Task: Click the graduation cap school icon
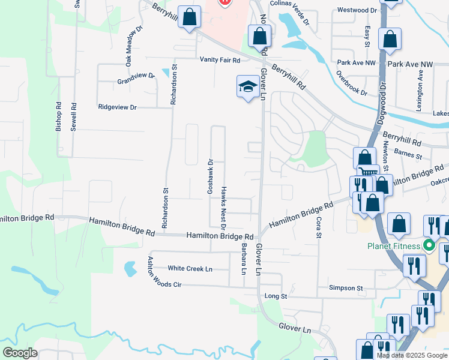[x=247, y=88]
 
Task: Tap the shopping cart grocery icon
[x=368, y=172]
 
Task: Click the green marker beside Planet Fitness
[x=429, y=245]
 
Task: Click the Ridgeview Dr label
[x=118, y=107]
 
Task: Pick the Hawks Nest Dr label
[x=223, y=208]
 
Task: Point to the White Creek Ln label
[x=190, y=268]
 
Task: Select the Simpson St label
[x=346, y=288]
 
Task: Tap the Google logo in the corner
[x=19, y=353]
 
